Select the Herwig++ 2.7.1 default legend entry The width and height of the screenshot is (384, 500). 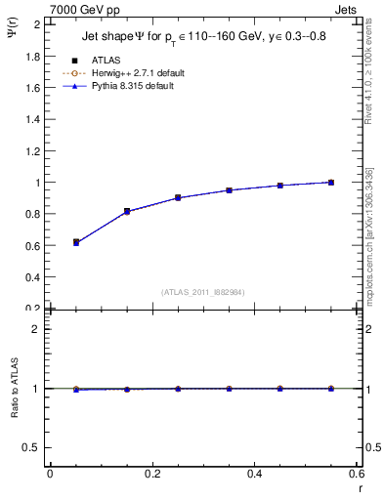point(142,73)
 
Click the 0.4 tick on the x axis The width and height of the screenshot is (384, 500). point(255,474)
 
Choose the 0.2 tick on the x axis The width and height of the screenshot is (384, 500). point(152,474)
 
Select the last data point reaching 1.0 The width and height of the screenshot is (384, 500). point(331,183)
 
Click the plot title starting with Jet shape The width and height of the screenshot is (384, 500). point(194,40)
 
